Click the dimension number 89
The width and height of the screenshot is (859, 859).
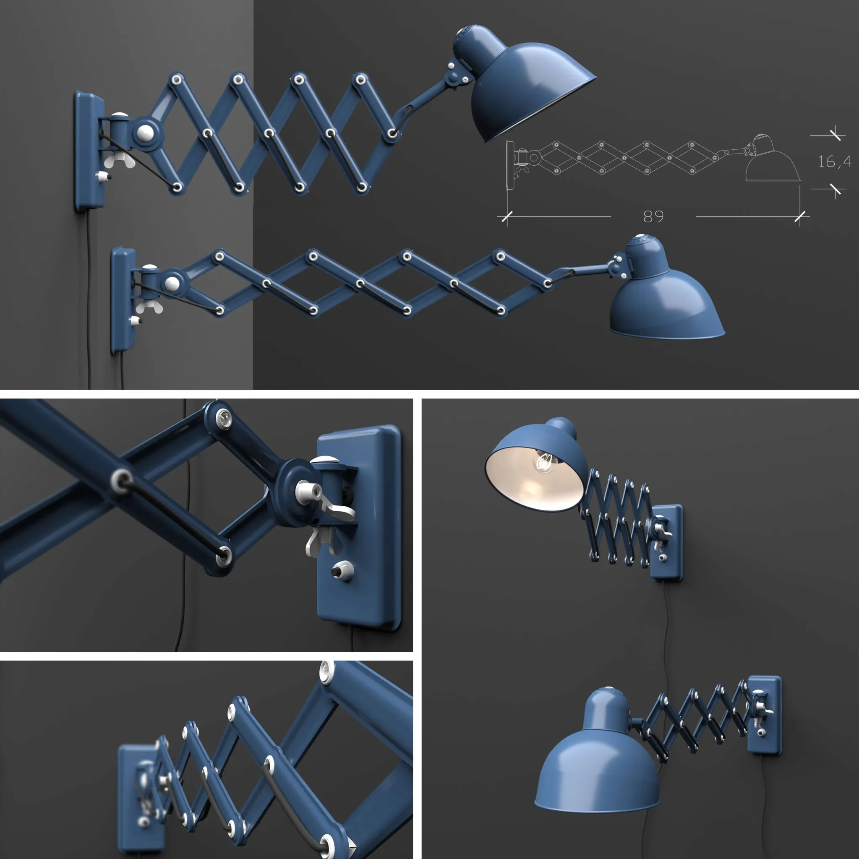coord(653,216)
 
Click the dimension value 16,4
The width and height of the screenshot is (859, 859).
coord(835,161)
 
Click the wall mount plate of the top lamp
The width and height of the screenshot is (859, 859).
coord(88,151)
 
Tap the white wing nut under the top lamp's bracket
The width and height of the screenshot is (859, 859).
coord(119,161)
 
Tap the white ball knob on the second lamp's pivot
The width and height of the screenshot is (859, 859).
coord(172,283)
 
